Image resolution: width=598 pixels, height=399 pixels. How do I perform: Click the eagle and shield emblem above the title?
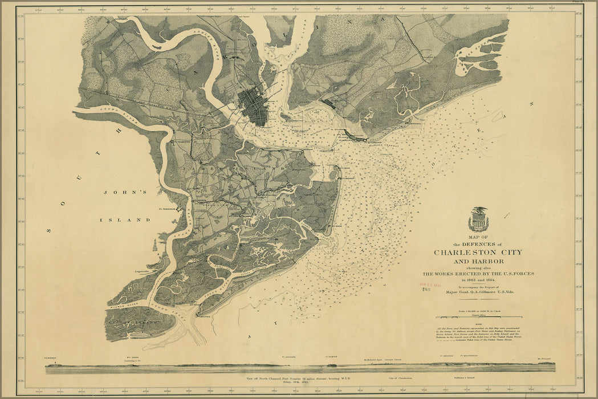pos(478,219)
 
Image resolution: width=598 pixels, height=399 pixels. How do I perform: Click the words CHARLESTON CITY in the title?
pos(478,253)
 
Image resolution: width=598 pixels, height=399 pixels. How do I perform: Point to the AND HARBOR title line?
pos(478,262)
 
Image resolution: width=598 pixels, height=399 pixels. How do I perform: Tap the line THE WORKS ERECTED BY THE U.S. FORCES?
pos(478,274)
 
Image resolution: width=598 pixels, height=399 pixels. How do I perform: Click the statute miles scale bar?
pos(479,317)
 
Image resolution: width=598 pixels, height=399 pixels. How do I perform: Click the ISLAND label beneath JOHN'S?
pos(125,219)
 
